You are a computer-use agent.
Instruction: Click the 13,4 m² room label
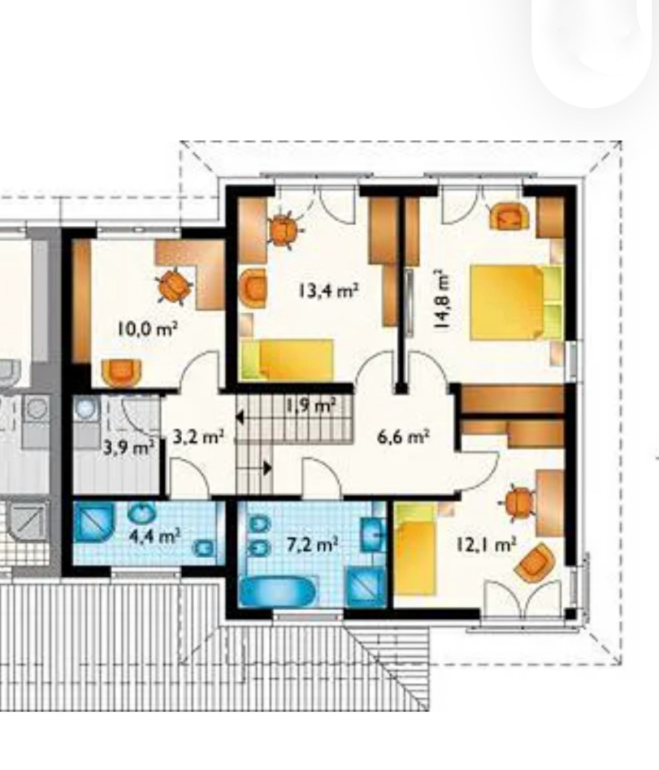click(329, 291)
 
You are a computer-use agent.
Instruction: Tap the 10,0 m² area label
click(148, 329)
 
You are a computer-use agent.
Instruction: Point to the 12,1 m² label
click(486, 545)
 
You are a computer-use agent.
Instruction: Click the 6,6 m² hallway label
click(404, 436)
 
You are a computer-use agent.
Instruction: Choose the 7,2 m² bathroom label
click(312, 545)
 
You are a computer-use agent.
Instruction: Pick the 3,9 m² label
click(128, 448)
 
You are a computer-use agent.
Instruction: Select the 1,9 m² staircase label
click(311, 404)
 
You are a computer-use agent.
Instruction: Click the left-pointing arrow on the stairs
click(240, 418)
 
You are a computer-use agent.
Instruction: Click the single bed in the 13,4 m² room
click(287, 359)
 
